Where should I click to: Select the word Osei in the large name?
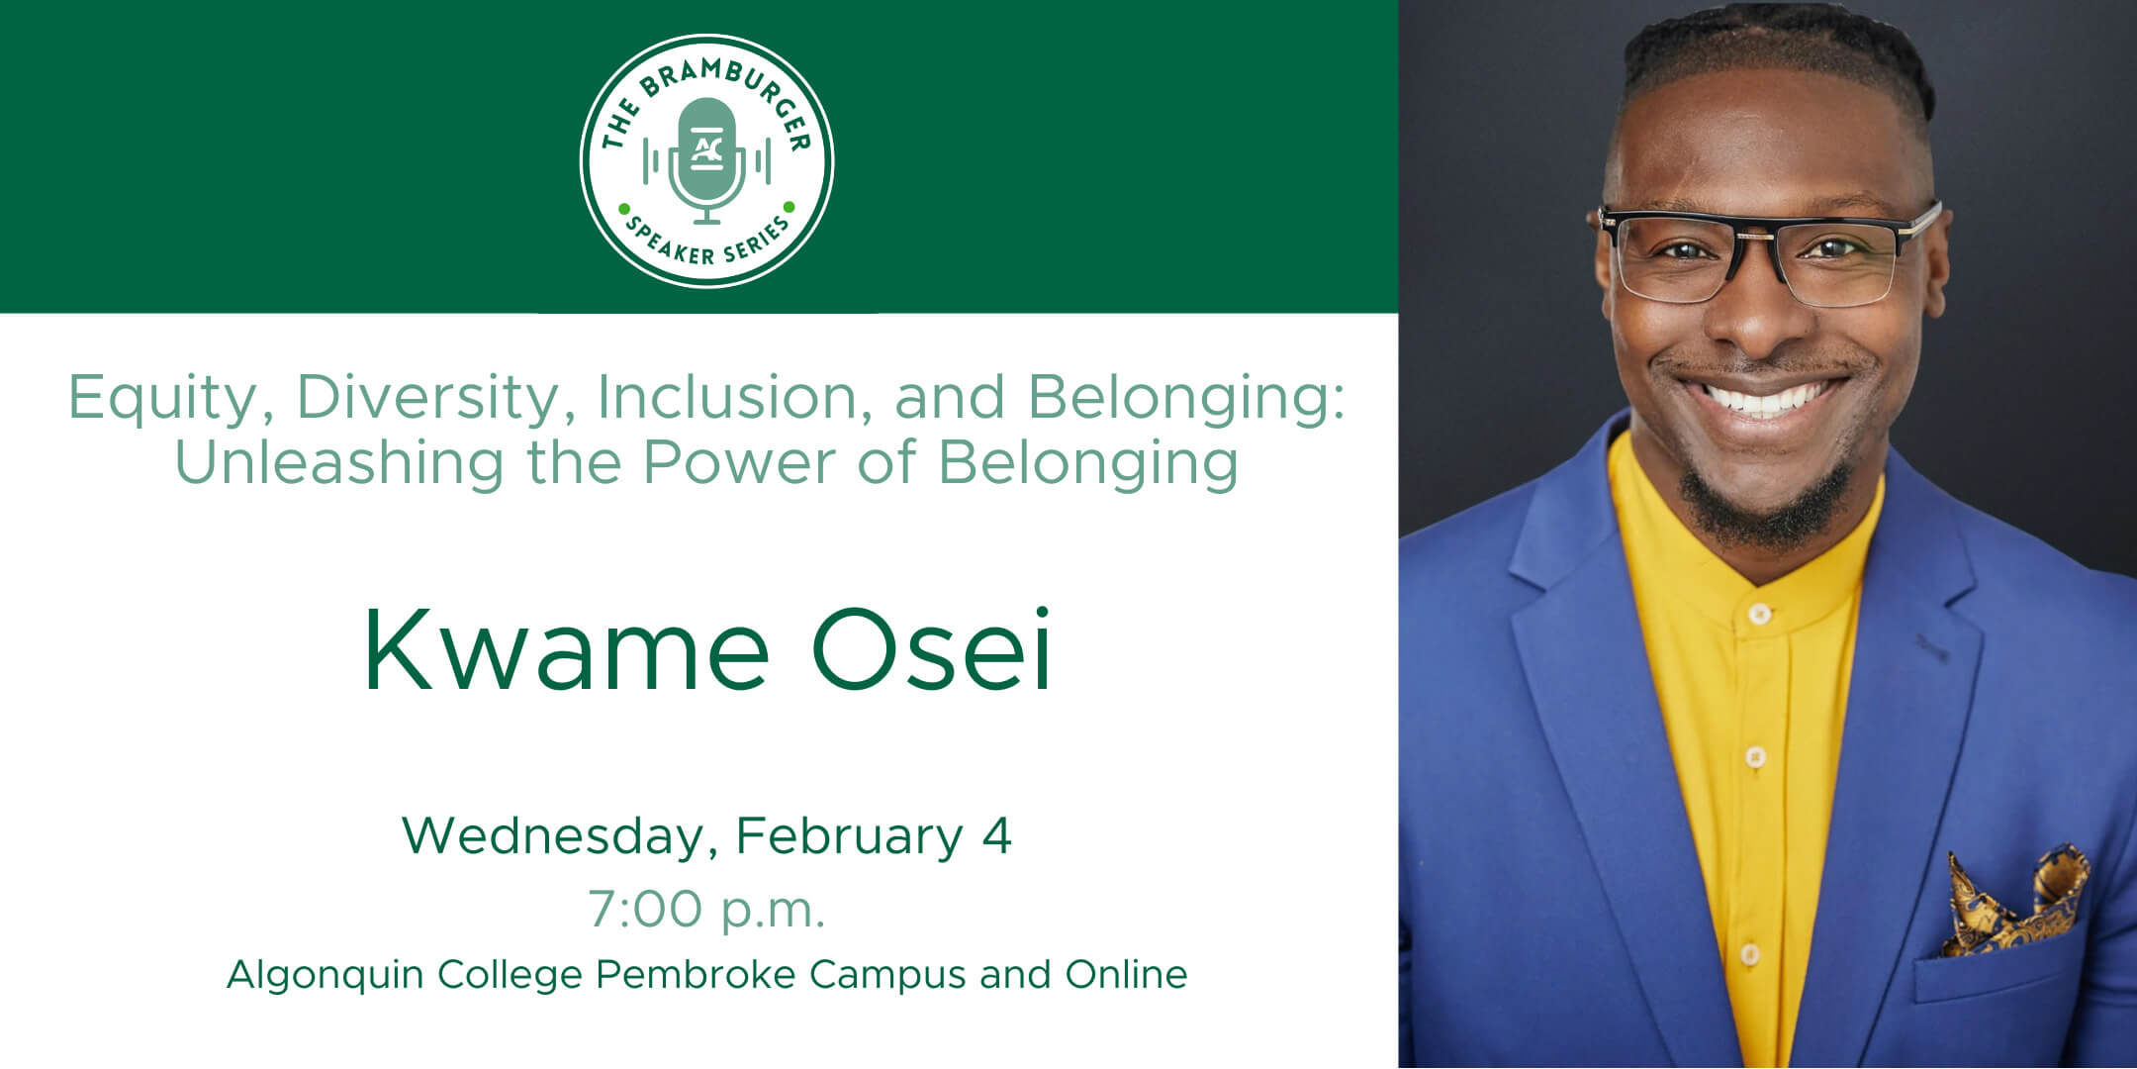(x=931, y=649)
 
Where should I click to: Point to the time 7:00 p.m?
(x=706, y=910)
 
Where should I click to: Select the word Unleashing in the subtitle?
(x=339, y=461)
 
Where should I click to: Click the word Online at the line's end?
(x=1126, y=975)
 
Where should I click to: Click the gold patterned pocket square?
(x=2014, y=901)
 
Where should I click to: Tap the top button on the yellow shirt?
(x=1758, y=614)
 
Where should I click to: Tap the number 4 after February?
(x=996, y=836)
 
